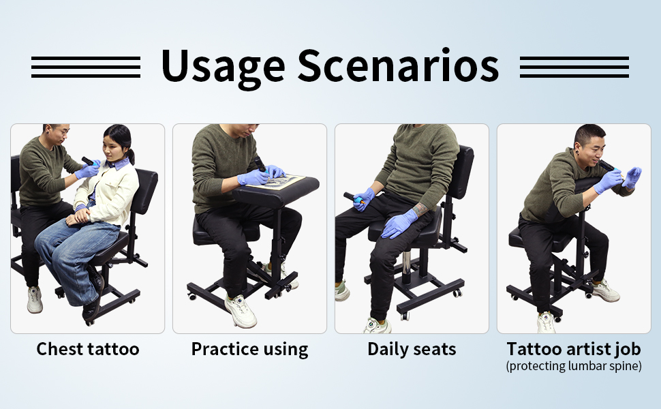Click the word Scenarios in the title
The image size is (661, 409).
pos(399,65)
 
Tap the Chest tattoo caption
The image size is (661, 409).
pos(88,349)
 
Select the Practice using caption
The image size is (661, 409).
pos(249,350)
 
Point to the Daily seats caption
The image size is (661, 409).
pos(412,349)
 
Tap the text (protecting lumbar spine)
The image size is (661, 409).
pos(574,365)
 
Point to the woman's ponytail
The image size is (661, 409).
pos(130,156)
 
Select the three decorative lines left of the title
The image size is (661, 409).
pos(86,67)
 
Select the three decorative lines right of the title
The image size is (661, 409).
pos(574,67)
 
